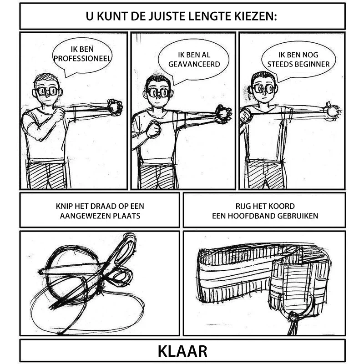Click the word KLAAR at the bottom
coord(182,351)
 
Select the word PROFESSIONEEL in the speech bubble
coord(82,58)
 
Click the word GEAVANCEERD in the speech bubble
coord(194,64)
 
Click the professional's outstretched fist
coord(115,107)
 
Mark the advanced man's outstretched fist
coord(223,114)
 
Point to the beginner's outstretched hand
coord(333,111)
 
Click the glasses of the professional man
coord(47,91)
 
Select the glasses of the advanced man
coord(158,93)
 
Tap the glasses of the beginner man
coord(264,89)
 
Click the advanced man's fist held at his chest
coord(153,129)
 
